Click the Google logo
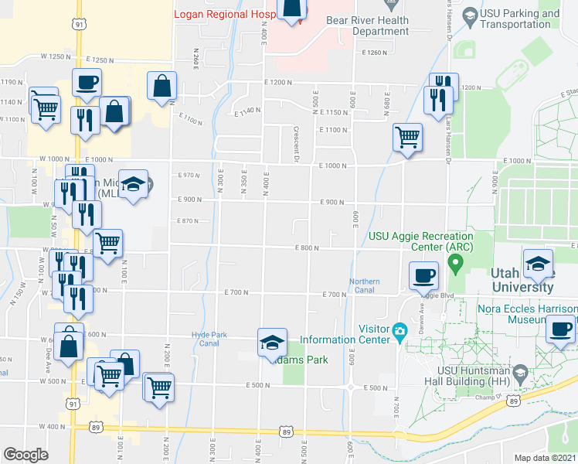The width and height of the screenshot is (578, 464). click(25, 455)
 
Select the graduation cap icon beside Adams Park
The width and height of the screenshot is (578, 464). click(272, 341)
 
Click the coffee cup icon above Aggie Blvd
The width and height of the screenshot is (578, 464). click(423, 275)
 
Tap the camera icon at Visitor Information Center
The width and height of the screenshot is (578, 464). click(399, 332)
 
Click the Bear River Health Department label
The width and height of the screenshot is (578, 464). click(367, 26)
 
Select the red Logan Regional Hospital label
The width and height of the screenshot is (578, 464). click(225, 14)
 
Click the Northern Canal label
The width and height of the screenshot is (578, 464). click(364, 285)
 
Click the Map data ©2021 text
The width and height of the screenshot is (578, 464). click(546, 458)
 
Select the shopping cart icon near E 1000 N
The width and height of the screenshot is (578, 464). click(407, 137)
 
